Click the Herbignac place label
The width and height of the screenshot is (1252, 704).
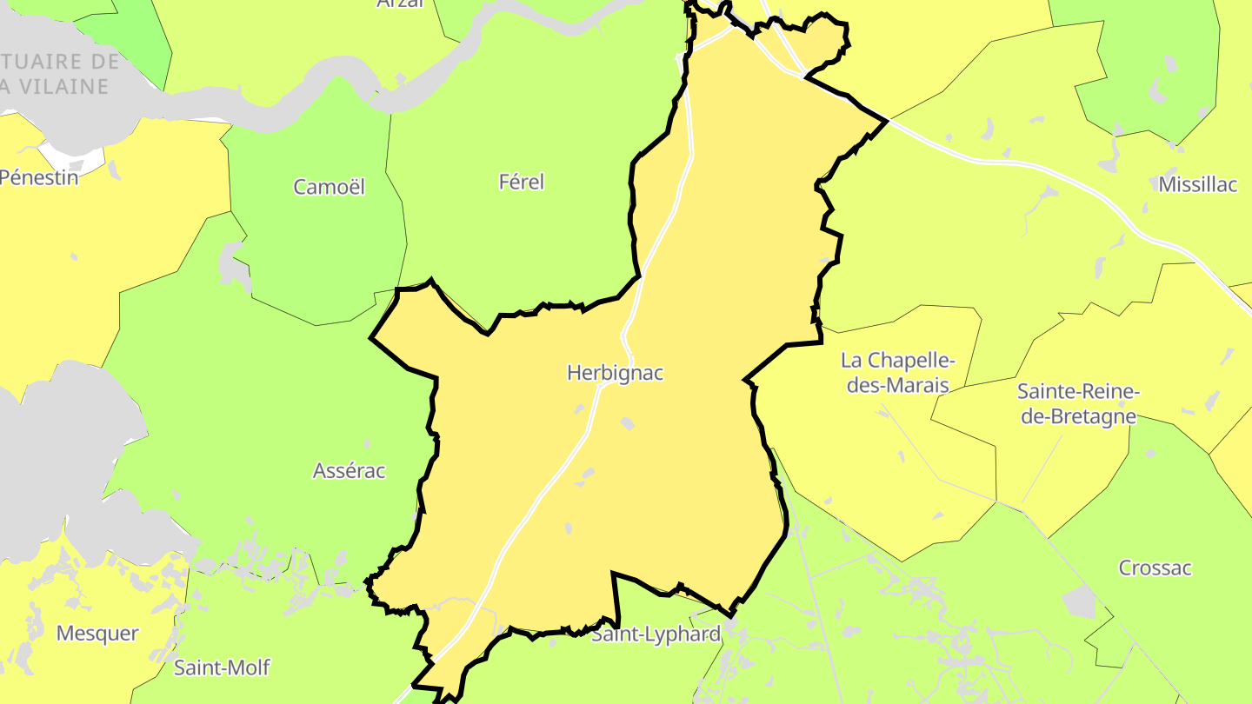coord(615,373)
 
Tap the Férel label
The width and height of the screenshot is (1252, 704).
coord(521,182)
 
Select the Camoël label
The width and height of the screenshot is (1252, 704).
coord(329,187)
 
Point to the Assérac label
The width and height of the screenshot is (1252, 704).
coord(349,471)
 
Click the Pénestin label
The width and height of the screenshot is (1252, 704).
coord(39,177)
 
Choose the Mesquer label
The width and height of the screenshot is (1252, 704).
coord(97,633)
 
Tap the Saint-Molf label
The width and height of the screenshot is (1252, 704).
coord(222,667)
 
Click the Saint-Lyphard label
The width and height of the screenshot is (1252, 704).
coord(656,634)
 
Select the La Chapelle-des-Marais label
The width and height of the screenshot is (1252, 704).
coord(898,372)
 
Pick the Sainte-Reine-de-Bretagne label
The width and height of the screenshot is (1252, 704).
coord(1078,403)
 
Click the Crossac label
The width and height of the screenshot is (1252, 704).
coord(1155,568)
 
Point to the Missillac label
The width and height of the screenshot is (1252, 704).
coord(1197,183)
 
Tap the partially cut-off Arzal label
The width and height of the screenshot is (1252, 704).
coord(400,3)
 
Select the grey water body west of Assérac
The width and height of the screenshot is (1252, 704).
coord(78,435)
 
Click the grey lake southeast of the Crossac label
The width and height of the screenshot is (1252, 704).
coord(1080,601)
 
